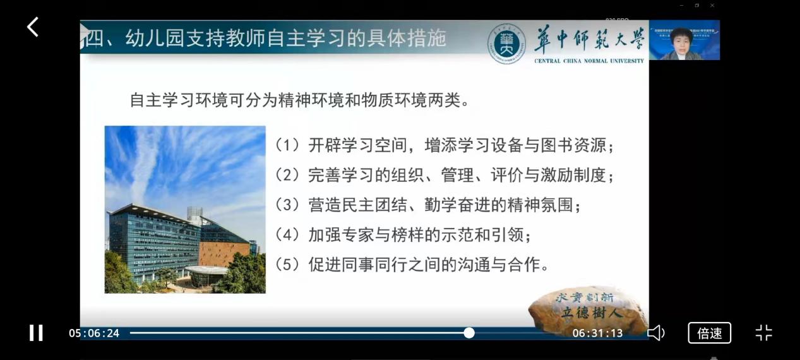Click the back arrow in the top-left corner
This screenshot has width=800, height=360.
[x=33, y=27]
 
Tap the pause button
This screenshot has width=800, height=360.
[x=36, y=333]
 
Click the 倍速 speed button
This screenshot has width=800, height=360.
[x=709, y=333]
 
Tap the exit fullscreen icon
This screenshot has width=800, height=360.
[x=763, y=333]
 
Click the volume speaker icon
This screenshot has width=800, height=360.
[x=655, y=333]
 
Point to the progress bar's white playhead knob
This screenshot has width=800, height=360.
[x=469, y=333]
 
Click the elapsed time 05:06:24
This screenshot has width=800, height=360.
[x=94, y=333]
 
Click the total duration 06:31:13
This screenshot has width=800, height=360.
[x=597, y=333]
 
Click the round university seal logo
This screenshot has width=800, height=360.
[x=506, y=44]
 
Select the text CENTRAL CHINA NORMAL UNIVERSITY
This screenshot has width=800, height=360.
[x=589, y=61]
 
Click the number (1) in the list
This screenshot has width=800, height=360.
[x=287, y=145]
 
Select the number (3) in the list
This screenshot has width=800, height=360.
[x=287, y=205]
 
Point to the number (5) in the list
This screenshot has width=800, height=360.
[x=287, y=265]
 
